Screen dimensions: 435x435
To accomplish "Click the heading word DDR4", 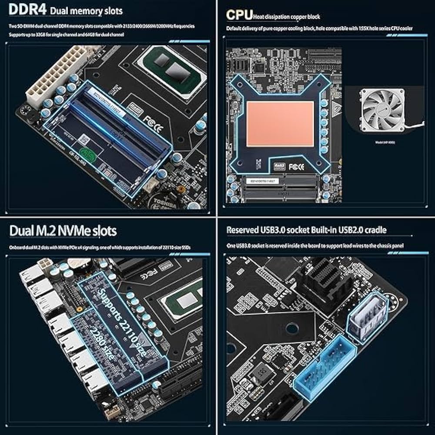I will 23,10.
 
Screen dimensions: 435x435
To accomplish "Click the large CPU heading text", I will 239,15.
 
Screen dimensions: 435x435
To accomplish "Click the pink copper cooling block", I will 280,124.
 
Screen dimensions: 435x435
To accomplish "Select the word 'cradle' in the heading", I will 372,230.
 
